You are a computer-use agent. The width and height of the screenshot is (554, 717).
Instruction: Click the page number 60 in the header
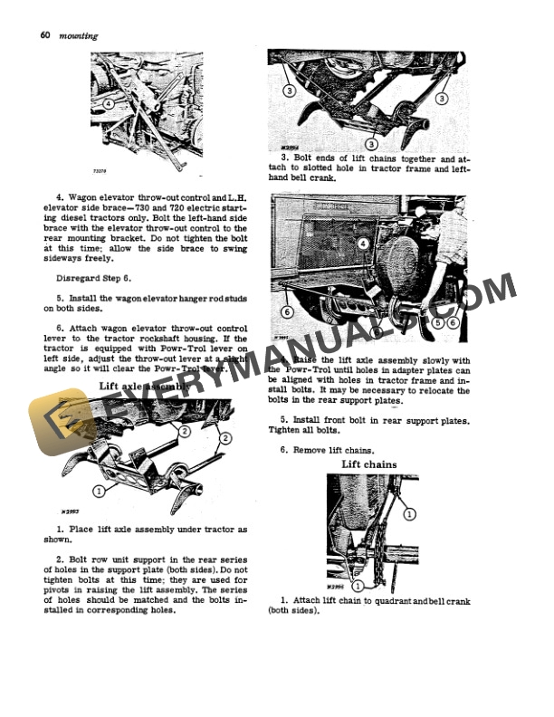(45, 35)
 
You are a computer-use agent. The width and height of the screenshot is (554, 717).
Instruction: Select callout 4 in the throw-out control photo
(108, 104)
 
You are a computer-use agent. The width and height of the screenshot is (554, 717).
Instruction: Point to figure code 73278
(100, 167)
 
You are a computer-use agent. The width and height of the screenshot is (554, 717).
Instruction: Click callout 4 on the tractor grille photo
(363, 244)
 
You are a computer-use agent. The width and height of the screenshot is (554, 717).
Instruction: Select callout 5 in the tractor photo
(439, 321)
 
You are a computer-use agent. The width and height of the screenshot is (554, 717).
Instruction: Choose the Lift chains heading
(368, 464)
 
